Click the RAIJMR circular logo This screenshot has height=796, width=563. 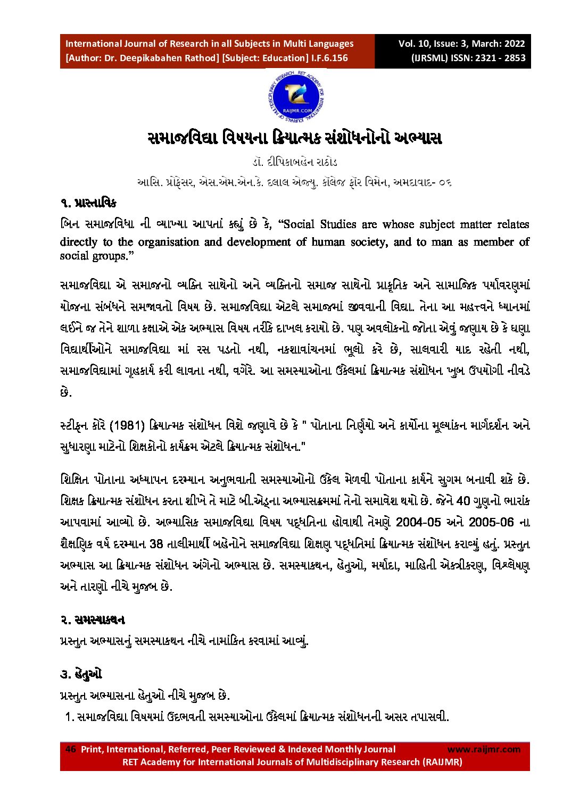296,97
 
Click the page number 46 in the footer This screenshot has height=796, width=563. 70,749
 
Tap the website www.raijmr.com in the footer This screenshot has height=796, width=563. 484,749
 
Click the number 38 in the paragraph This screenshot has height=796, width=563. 156,543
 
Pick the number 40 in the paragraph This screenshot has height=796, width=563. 463,500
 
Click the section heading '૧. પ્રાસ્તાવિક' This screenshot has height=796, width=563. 88,203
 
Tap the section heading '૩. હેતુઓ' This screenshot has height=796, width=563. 80,674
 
